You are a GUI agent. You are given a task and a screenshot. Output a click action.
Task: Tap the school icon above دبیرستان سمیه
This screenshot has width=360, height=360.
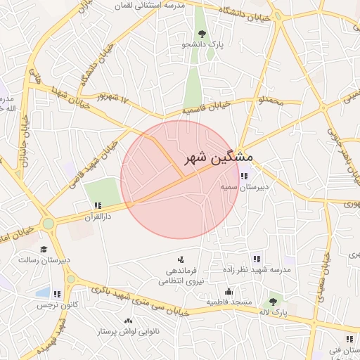(x=244, y=176)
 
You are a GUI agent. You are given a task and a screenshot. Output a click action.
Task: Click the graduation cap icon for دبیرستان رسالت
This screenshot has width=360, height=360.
(x=44, y=249)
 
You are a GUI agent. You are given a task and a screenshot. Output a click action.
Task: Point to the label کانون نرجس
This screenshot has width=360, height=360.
(x=51, y=306)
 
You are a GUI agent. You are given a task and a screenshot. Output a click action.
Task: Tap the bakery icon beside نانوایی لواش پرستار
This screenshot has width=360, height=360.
(x=127, y=321)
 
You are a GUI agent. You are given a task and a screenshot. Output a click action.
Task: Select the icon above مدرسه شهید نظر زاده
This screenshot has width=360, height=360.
(x=256, y=258)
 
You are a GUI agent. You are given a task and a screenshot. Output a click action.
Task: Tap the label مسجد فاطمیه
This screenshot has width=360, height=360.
(x=227, y=302)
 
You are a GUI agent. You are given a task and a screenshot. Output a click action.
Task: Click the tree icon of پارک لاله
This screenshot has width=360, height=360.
(x=273, y=302)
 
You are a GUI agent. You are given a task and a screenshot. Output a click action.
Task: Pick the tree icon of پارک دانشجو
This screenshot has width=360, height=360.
(x=202, y=33)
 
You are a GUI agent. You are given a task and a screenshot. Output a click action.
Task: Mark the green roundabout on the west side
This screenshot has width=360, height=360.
(x=48, y=224)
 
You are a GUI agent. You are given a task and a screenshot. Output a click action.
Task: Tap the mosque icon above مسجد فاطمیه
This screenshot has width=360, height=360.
(x=228, y=292)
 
